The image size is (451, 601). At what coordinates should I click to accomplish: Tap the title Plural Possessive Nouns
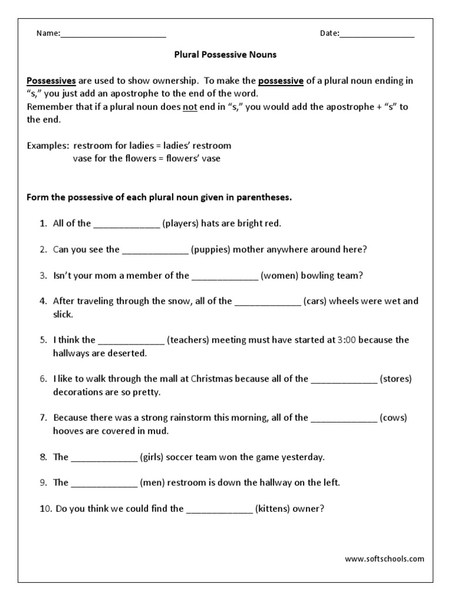click(225, 55)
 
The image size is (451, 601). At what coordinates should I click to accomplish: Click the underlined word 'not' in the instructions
click(190, 107)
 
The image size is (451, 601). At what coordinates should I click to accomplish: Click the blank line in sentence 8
click(104, 457)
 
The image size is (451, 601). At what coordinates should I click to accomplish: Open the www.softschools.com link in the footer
click(384, 559)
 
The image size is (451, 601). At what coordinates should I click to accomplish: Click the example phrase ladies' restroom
click(197, 146)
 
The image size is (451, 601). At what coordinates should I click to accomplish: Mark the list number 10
click(46, 509)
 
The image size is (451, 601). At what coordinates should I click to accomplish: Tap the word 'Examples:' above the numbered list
click(48, 146)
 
